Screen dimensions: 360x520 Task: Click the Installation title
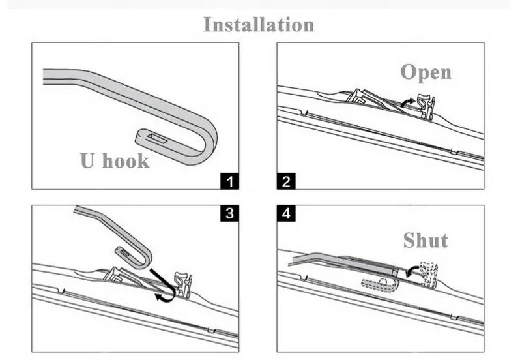coord(259,25)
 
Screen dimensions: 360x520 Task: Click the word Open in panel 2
coord(426,72)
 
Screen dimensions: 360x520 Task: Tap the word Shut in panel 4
coord(425,240)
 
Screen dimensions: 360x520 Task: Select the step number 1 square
coord(231,181)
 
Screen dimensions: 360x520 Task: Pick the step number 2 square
coord(285,181)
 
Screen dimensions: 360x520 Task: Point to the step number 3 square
coord(231,213)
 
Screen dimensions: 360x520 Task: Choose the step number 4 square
coord(285,213)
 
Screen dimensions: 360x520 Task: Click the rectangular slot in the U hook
coord(156,137)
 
